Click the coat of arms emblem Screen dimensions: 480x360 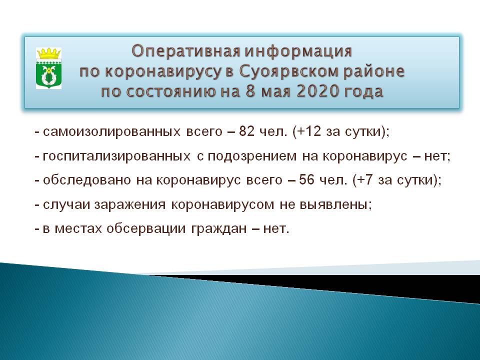click(x=48, y=68)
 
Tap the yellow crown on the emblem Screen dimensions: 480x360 click(x=48, y=53)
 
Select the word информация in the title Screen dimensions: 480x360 click(x=298, y=51)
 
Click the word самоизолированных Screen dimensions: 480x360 click(x=111, y=132)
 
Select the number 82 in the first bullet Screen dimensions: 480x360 click(x=246, y=131)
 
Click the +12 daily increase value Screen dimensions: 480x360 click(x=308, y=131)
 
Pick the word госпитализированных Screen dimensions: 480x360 click(x=116, y=156)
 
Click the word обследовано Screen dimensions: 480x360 click(x=87, y=180)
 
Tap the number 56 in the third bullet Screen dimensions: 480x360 click(x=306, y=179)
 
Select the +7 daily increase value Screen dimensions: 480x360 click(x=364, y=179)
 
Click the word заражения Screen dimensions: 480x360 click(x=130, y=205)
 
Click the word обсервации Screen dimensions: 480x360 click(x=146, y=229)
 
